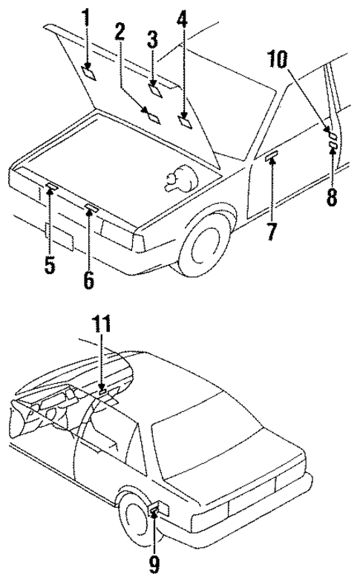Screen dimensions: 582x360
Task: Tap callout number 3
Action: coord(152,39)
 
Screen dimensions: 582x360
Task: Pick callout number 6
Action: coord(89,280)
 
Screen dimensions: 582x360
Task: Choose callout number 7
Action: coord(272,232)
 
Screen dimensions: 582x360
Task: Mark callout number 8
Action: coord(332,197)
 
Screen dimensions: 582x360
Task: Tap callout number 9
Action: coord(154,565)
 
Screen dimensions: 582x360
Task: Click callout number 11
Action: coord(102,324)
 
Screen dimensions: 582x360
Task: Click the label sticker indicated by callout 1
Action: coord(88,71)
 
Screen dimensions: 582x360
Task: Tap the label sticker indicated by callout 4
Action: coord(184,117)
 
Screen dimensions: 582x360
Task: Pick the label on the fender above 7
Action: coord(271,155)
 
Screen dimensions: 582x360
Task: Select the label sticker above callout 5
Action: coord(51,186)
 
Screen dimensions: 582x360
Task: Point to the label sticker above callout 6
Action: coord(91,207)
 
